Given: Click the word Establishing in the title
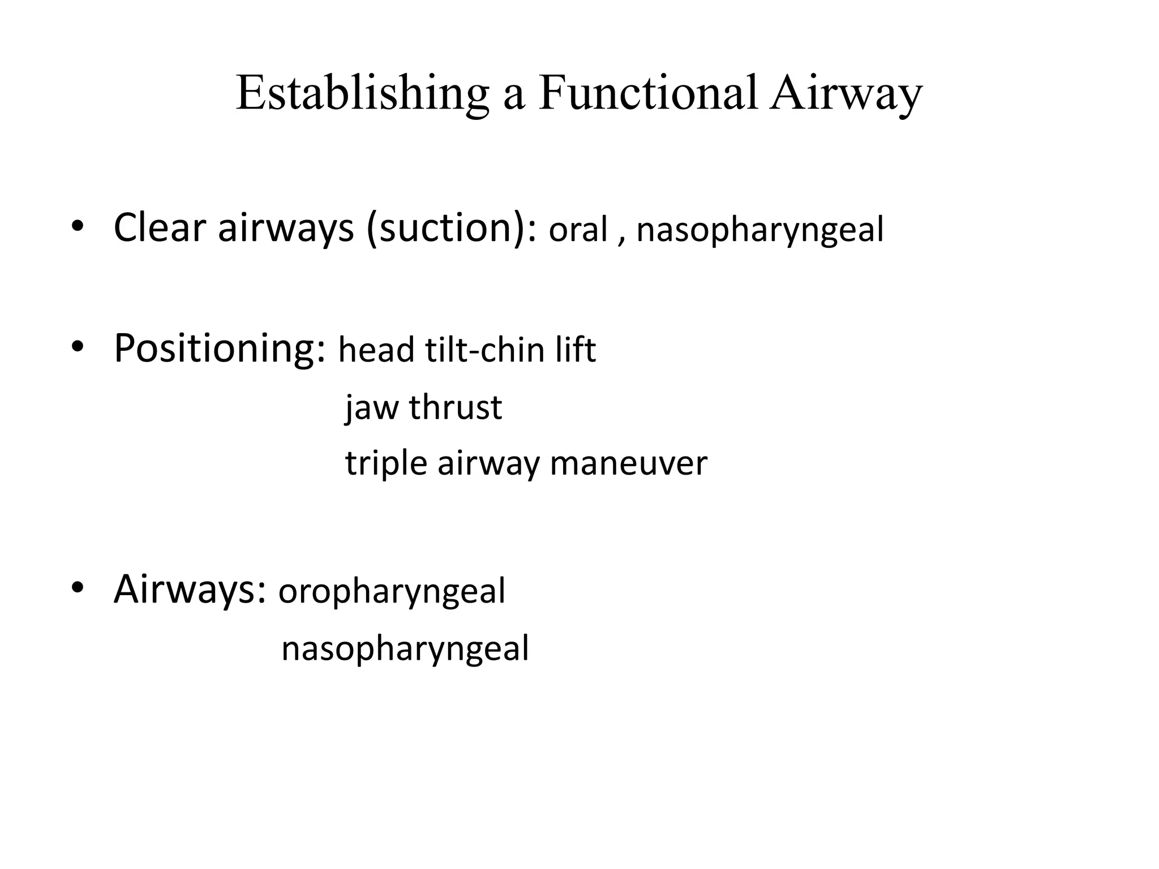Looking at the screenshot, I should point(362,93).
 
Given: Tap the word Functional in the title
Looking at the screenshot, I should point(647,93).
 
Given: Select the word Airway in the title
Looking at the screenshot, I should point(845,93).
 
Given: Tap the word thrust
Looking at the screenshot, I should point(456,407).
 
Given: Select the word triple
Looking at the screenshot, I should point(386,464).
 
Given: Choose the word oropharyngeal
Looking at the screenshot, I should point(392,592).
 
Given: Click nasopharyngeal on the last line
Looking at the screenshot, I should point(405,648).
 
